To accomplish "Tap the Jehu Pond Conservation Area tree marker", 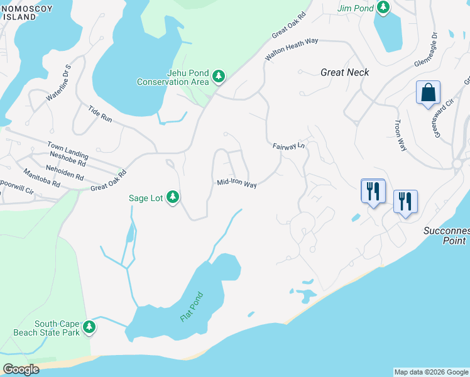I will point(219,77).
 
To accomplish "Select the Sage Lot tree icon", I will point(173,197).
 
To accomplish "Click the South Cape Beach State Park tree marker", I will point(89,327).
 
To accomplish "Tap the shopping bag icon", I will point(428,93).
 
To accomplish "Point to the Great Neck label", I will point(344,72).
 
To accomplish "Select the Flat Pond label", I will point(192,307).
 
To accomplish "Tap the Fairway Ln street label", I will point(288,146).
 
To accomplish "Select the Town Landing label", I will point(68,149).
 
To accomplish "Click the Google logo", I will point(21,369).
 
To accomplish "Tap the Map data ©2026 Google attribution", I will point(431,372).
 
